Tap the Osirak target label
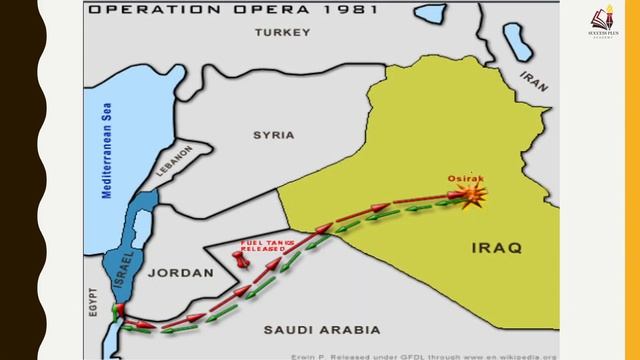[463, 178]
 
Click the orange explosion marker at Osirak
[473, 195]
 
